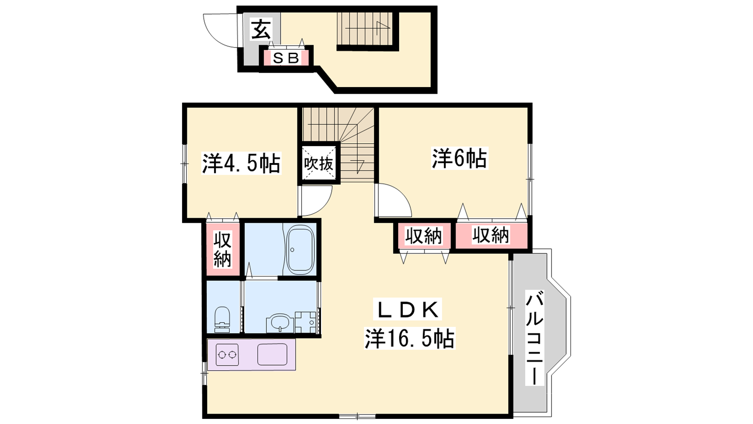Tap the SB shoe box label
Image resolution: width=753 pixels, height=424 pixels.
point(286,58)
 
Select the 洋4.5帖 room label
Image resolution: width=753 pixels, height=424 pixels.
point(241,163)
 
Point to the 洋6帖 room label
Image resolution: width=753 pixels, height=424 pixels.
point(459,158)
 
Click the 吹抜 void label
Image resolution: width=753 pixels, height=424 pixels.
point(318,164)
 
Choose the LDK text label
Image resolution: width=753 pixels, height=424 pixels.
point(407,309)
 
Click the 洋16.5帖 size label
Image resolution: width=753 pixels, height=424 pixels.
point(410,338)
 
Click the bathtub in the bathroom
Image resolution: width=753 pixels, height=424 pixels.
point(300,249)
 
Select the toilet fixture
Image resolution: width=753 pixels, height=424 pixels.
point(222,319)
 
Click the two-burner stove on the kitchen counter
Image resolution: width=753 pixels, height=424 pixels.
point(227,355)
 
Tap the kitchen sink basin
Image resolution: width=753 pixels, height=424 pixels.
point(272,354)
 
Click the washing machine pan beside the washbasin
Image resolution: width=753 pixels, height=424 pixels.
point(306,322)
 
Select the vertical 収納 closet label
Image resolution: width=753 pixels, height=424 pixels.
point(223,249)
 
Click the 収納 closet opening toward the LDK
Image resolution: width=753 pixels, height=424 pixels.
point(424,235)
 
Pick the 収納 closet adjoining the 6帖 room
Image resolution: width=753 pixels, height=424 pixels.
point(491,235)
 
